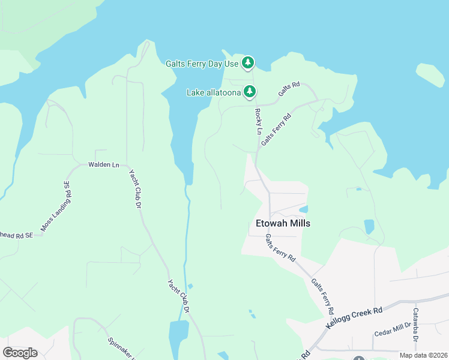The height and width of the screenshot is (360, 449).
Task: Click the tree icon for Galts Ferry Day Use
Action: pos(248,62)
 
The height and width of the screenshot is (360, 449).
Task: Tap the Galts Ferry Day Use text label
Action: pos(202,63)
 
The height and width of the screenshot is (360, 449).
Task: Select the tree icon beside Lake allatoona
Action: pos(250,92)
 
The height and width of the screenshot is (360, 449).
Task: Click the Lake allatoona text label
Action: pos(214,92)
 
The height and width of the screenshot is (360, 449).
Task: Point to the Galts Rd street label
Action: pos(289,89)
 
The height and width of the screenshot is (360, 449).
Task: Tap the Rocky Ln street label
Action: pos(258,122)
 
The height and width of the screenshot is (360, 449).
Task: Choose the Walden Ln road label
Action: pos(104,164)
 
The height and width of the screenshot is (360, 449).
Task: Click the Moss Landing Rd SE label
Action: pos(56,206)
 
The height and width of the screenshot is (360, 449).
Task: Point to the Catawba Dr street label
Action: pos(415,324)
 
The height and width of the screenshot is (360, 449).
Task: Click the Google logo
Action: pos(20,353)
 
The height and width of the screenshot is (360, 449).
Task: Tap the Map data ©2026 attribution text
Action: pos(423,355)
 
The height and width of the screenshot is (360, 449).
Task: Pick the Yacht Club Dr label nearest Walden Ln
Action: pos(134,188)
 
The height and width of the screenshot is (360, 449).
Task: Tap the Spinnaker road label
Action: pos(120,348)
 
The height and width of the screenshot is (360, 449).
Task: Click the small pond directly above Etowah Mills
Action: pos(303,209)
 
